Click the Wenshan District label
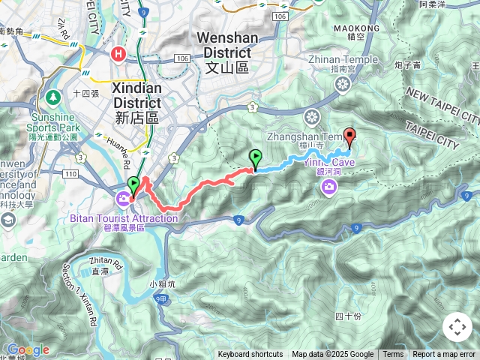(223, 45)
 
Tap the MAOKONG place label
(364, 28)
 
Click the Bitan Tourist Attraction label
(124, 218)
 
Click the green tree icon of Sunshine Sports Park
(53, 97)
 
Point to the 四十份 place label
(349, 316)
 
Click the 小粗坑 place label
(162, 283)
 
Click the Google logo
(28, 349)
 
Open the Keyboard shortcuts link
(250, 355)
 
